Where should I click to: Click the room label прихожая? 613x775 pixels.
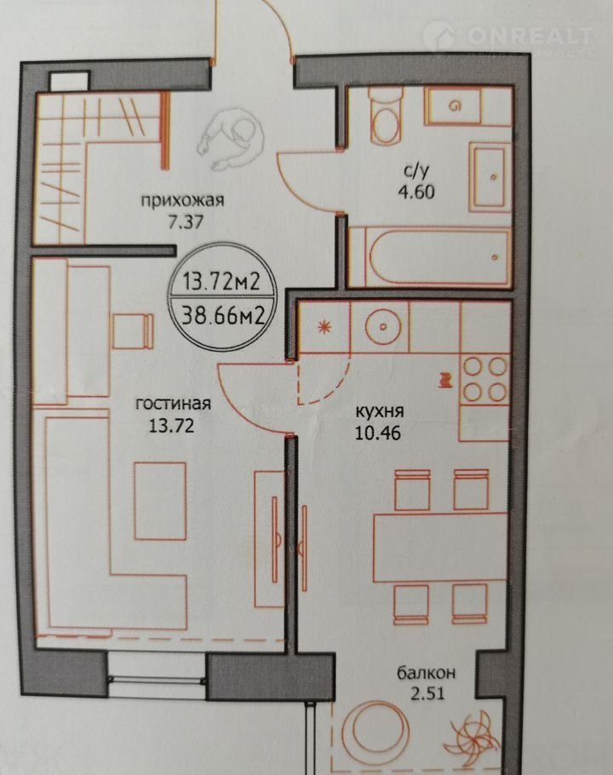click(x=183, y=201)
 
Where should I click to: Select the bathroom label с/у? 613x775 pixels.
click(x=417, y=171)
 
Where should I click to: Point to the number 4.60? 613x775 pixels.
click(x=416, y=192)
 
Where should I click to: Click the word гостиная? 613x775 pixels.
click(x=173, y=404)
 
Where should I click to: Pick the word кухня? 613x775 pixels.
click(x=380, y=411)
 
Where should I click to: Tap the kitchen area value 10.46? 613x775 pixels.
click(x=377, y=433)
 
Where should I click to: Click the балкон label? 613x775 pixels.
click(x=427, y=673)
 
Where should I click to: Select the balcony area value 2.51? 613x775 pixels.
click(x=427, y=693)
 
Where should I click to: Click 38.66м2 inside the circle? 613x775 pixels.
click(x=221, y=314)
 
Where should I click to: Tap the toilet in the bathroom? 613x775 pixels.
click(x=386, y=115)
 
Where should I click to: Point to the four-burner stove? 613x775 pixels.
click(x=484, y=379)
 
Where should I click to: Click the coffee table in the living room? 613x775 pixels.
click(x=160, y=501)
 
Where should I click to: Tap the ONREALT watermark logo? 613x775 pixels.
click(x=509, y=37)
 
